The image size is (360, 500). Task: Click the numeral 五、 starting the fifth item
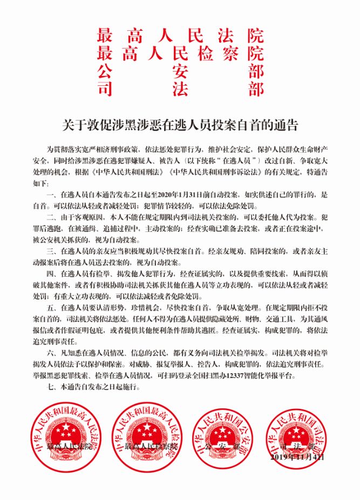51,306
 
